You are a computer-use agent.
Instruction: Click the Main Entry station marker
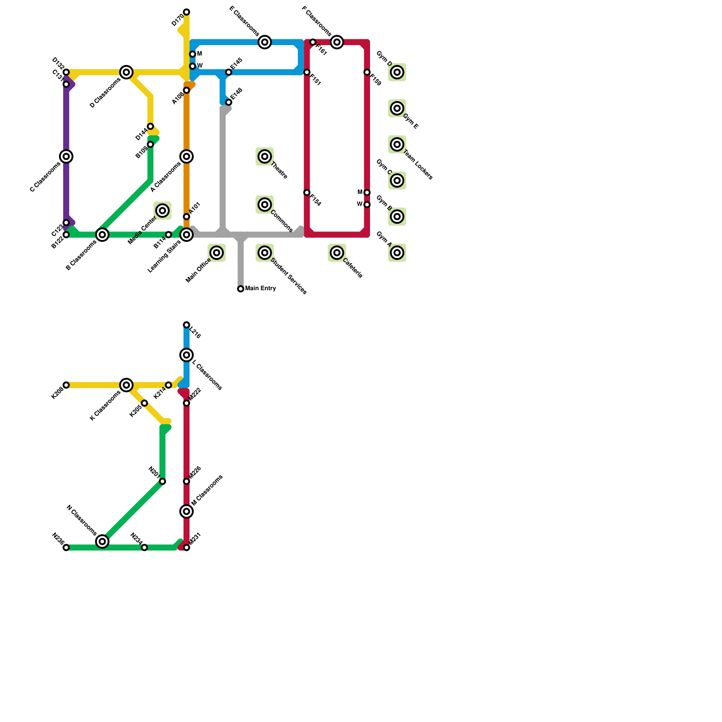point(241,289)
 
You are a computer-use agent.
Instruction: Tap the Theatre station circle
point(265,157)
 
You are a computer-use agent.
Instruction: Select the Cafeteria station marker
point(337,253)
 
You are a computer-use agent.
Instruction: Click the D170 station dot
point(186,12)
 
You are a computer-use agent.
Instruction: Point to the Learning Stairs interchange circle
point(186,235)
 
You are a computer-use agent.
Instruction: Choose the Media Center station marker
point(163,210)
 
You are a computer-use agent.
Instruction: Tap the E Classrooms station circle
point(265,42)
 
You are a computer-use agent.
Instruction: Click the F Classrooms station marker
point(337,42)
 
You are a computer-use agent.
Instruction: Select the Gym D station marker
point(397,72)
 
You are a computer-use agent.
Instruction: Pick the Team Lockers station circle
point(397,144)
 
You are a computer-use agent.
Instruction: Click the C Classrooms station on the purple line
point(66,157)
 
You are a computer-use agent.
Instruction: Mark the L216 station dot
point(186,325)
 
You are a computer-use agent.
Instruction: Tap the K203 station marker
point(66,385)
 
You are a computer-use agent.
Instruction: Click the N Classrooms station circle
point(102,541)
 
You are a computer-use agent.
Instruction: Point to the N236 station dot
point(66,547)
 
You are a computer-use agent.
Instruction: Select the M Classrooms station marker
point(186,511)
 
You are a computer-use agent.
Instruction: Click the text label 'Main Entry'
point(261,289)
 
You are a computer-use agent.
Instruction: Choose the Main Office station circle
point(217,253)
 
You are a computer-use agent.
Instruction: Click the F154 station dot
point(307,193)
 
